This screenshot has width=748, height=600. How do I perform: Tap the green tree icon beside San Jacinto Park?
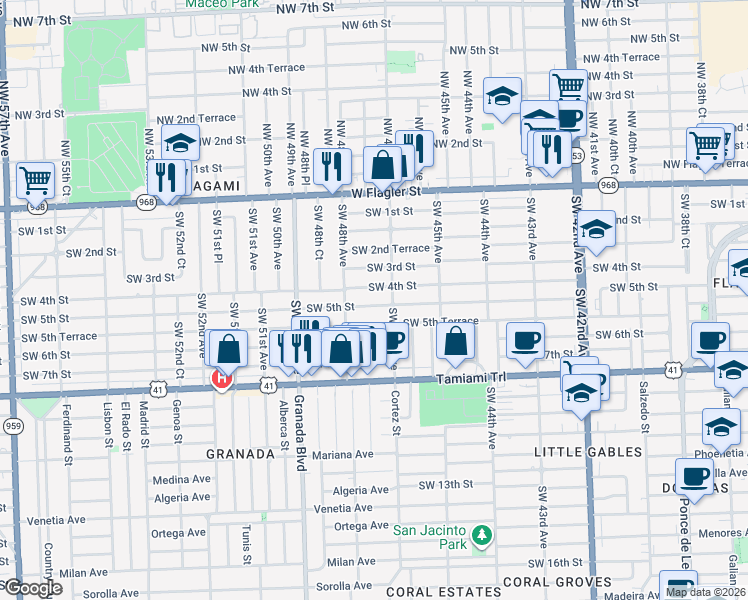point(481,537)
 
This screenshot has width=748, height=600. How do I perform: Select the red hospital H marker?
point(221,378)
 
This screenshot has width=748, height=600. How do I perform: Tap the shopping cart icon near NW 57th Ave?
point(35,181)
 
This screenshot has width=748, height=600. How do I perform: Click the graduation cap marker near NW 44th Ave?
point(502,96)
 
